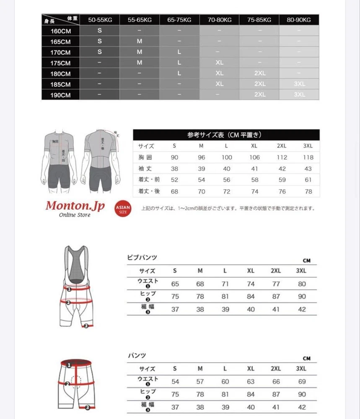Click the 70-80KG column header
click(x=219, y=20)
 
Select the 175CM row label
click(x=60, y=63)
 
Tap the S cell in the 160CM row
click(x=100, y=31)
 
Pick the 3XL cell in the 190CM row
click(x=299, y=95)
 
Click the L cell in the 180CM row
click(x=179, y=73)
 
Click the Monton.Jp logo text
click(x=75, y=206)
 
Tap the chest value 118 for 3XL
click(x=308, y=158)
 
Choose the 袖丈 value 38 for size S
click(x=175, y=169)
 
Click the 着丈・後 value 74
click(x=254, y=191)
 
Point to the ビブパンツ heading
click(x=142, y=257)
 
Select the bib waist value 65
click(x=175, y=284)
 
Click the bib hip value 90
click(x=302, y=296)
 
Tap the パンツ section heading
click(x=137, y=355)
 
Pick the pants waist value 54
click(x=175, y=382)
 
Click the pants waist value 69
click(x=302, y=382)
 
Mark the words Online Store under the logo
click(x=74, y=215)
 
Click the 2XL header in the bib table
click(x=276, y=271)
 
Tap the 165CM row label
click(x=60, y=41)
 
